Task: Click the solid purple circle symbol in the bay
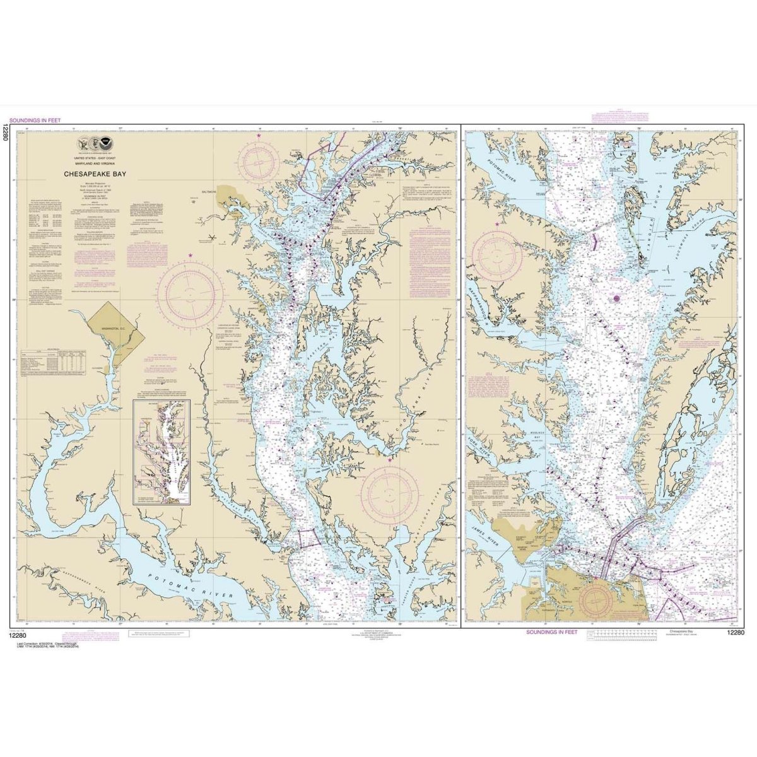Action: click(x=617, y=298)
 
